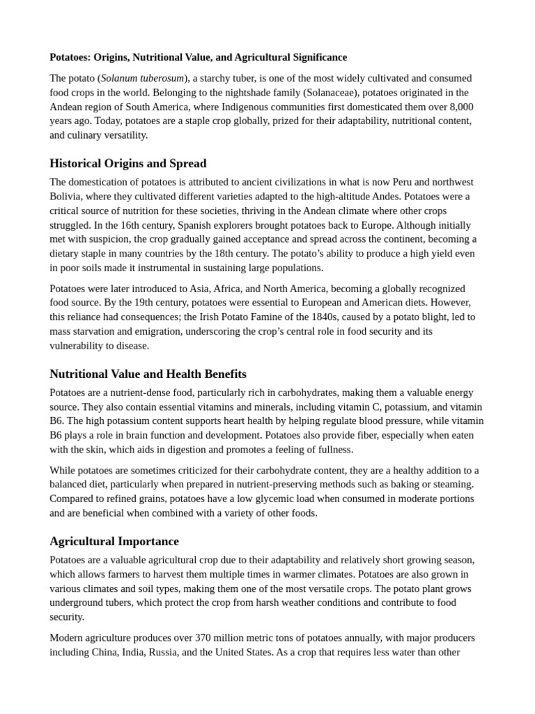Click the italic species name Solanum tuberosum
(142, 78)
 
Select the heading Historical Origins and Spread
(128, 163)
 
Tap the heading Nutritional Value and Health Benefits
(148, 374)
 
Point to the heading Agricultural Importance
(114, 541)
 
